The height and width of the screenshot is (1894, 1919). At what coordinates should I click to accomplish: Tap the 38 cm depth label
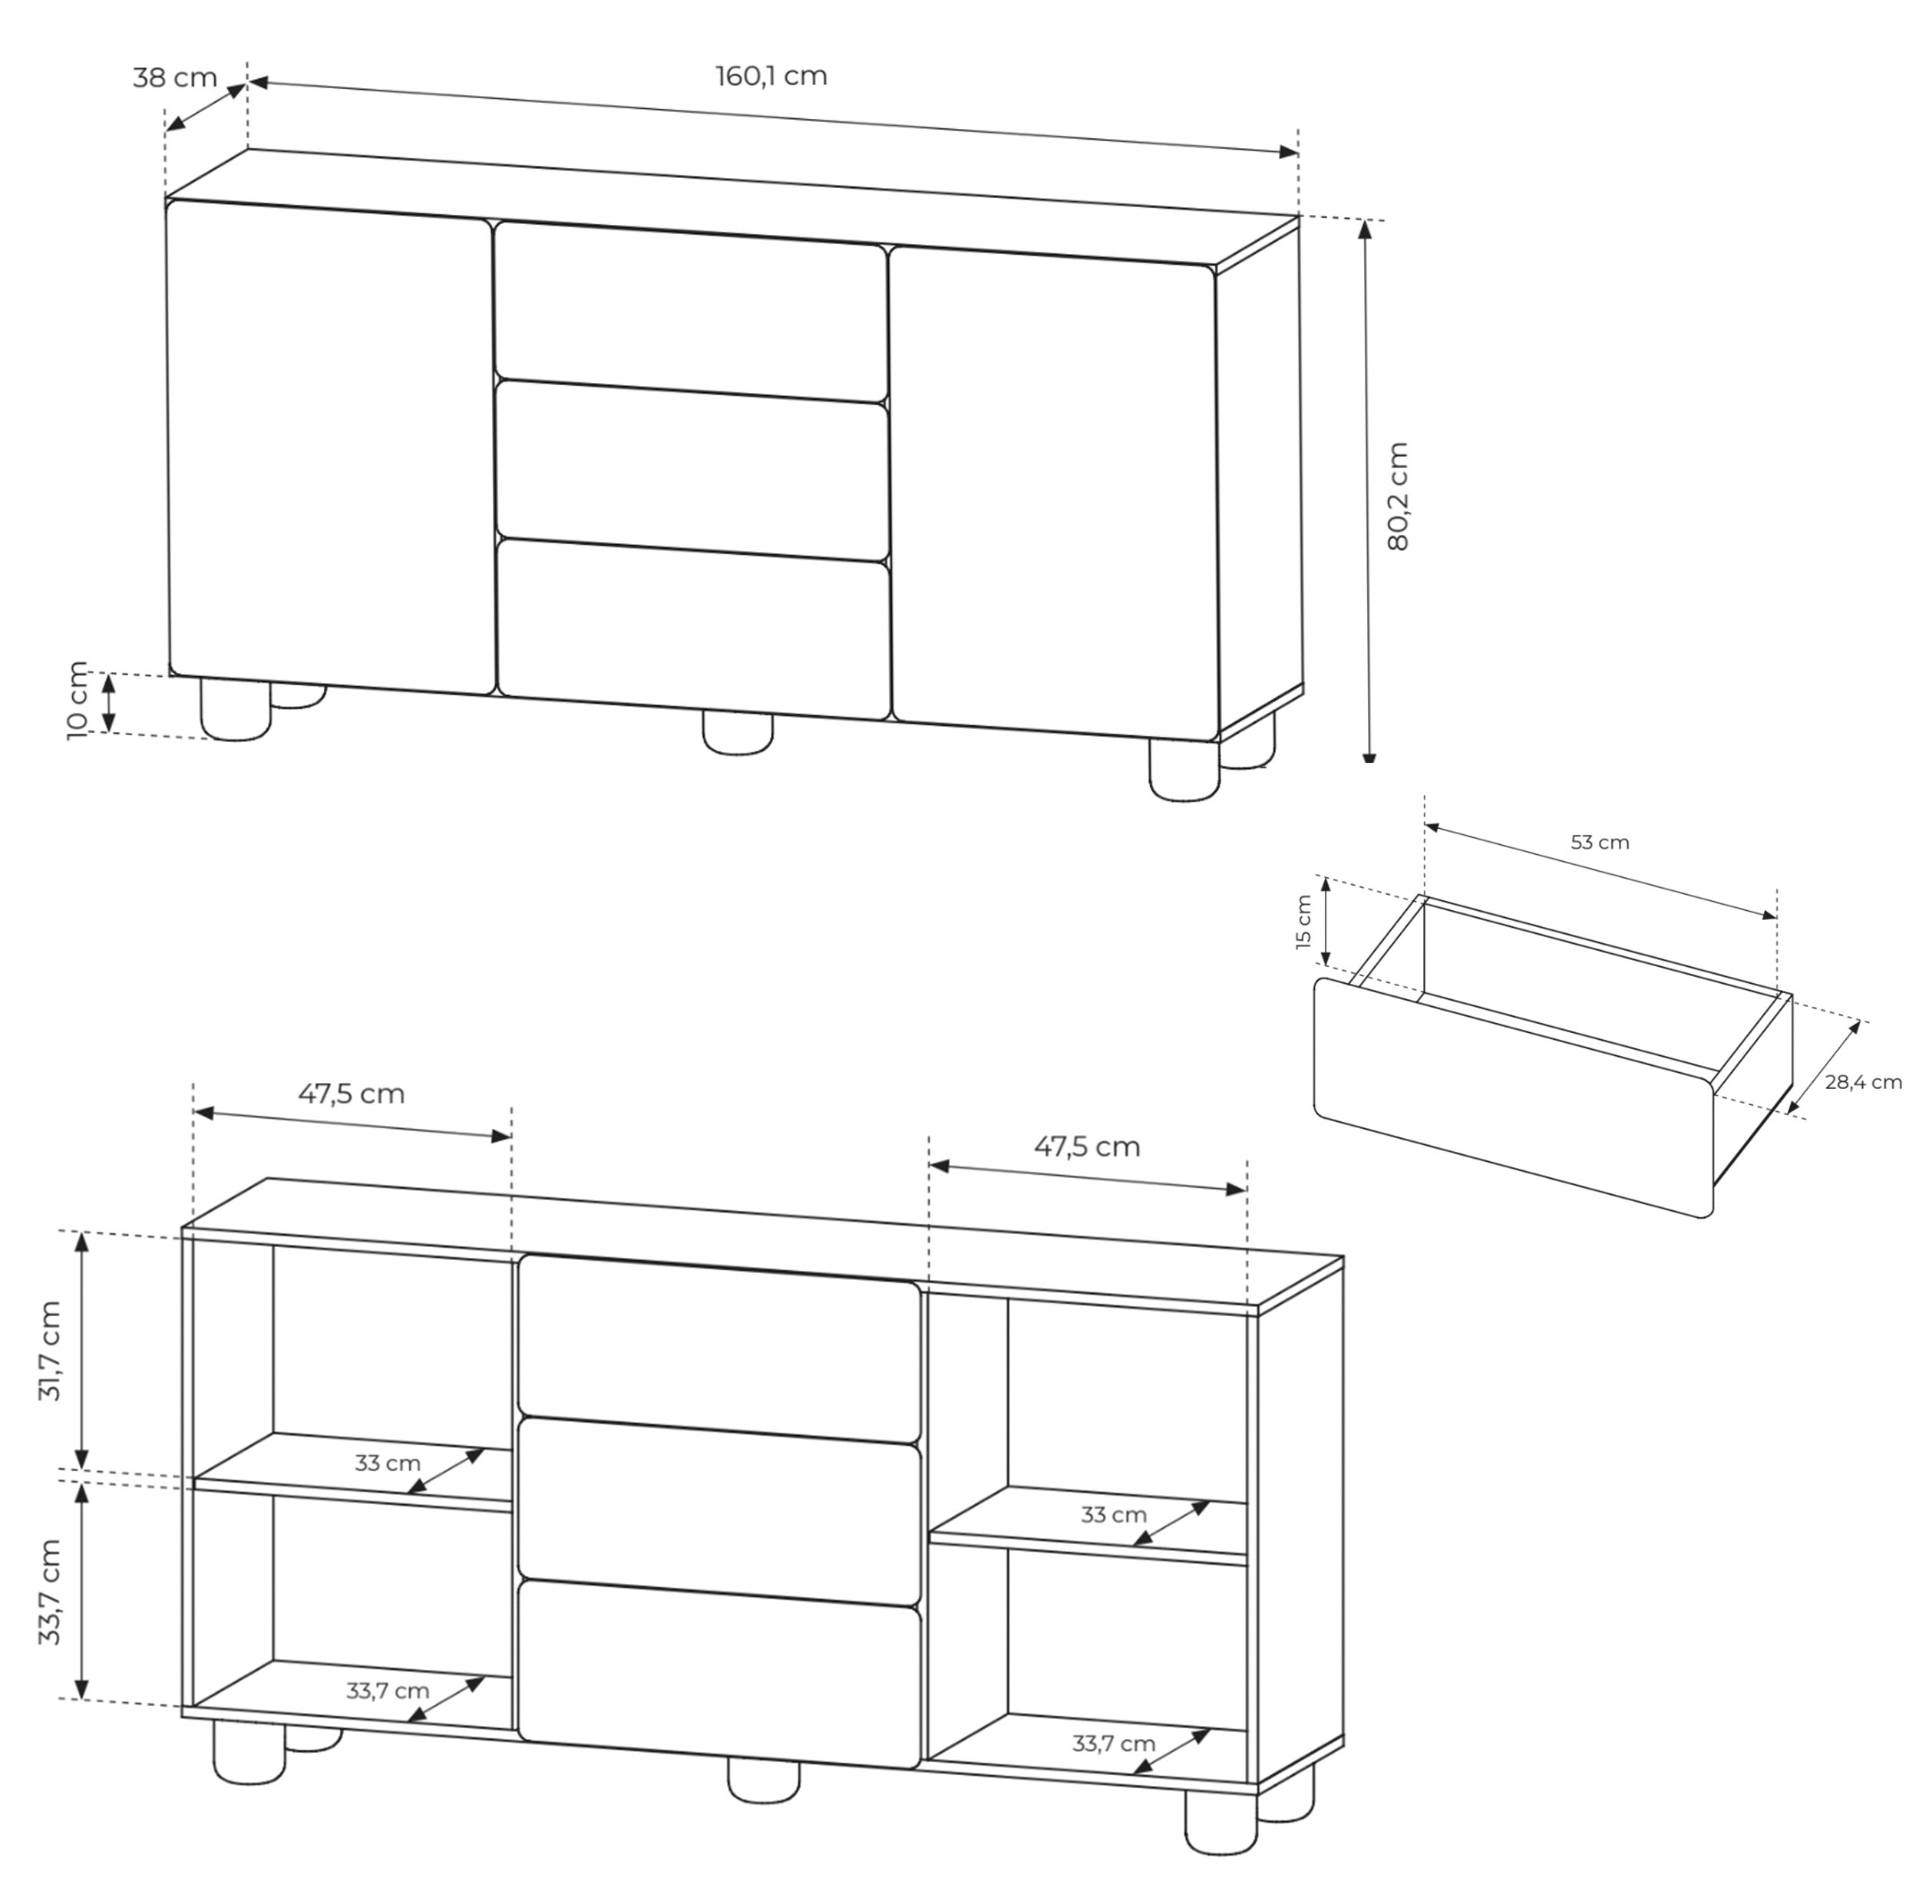pos(175,78)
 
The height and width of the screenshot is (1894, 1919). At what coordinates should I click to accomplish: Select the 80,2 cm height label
pos(1399,497)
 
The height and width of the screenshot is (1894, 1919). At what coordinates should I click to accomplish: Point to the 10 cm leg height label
pos(78,700)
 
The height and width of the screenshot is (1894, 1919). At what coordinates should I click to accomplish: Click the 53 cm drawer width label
pos(1599,842)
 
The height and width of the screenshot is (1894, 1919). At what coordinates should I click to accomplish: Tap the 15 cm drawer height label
pos(1304,922)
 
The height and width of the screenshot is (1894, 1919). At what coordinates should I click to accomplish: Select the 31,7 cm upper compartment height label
pos(50,1351)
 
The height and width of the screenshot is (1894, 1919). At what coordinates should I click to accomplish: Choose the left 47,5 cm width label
pos(352,1094)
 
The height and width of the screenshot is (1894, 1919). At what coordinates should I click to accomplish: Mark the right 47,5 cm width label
pos(1087,1147)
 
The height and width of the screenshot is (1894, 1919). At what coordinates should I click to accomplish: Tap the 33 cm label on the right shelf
pos(1114,1516)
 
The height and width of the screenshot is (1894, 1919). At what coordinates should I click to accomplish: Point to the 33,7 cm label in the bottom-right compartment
pos(1114,1744)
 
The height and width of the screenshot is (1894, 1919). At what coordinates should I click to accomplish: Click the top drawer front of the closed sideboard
pos(690,312)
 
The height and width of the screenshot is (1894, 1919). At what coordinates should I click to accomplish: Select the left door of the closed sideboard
pos(331,447)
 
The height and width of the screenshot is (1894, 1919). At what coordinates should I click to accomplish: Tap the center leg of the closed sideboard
pos(737,731)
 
